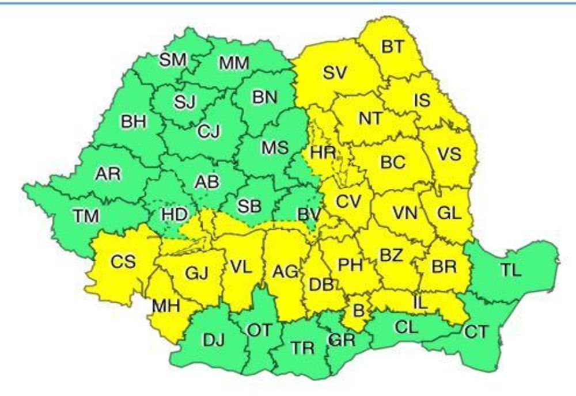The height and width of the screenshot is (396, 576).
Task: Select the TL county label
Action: [510, 271]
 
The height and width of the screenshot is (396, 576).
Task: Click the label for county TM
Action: [86, 216]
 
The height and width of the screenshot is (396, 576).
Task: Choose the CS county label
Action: [123, 262]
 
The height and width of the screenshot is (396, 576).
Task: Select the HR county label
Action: [320, 154]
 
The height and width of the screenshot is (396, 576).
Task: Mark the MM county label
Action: [234, 62]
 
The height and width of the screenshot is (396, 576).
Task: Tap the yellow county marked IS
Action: [422, 100]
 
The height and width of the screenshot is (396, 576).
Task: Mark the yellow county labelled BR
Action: [444, 266]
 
